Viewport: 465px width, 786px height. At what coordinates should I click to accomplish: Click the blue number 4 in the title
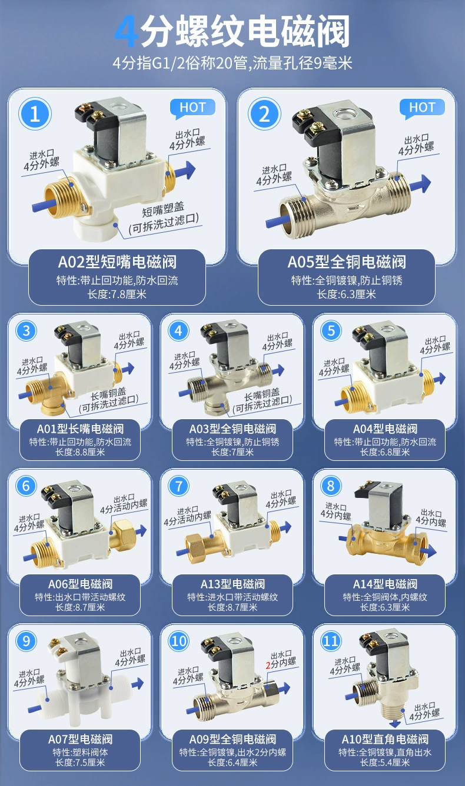[x=126, y=32]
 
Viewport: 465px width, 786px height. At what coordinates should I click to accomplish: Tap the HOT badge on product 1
[x=192, y=108]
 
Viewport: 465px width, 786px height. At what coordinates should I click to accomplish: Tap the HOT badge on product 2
[x=422, y=108]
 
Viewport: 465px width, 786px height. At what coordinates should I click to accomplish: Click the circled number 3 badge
[x=26, y=330]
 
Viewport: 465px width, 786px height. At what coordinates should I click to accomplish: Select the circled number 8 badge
[x=331, y=486]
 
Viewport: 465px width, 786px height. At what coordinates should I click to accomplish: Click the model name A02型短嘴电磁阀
[x=117, y=262]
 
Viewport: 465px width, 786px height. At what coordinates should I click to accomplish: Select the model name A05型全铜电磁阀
[x=347, y=262]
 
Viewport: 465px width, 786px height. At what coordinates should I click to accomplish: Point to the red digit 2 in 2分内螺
[x=268, y=664]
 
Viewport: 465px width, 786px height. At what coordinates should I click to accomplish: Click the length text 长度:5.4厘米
[x=385, y=762]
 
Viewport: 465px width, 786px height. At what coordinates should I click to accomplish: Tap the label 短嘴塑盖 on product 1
[x=163, y=209]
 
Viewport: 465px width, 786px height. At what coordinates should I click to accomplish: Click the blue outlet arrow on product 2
[x=420, y=184]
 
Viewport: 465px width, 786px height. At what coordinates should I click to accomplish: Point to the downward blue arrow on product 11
[x=395, y=723]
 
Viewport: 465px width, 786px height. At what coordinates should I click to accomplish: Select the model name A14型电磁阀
[x=385, y=584]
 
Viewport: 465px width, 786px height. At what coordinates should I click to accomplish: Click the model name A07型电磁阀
[x=80, y=740]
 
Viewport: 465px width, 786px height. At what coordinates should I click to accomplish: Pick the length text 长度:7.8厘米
[x=117, y=294]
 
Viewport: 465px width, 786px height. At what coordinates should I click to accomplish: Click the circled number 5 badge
[x=331, y=330]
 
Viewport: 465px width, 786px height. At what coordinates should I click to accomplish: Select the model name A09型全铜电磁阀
[x=232, y=740]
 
